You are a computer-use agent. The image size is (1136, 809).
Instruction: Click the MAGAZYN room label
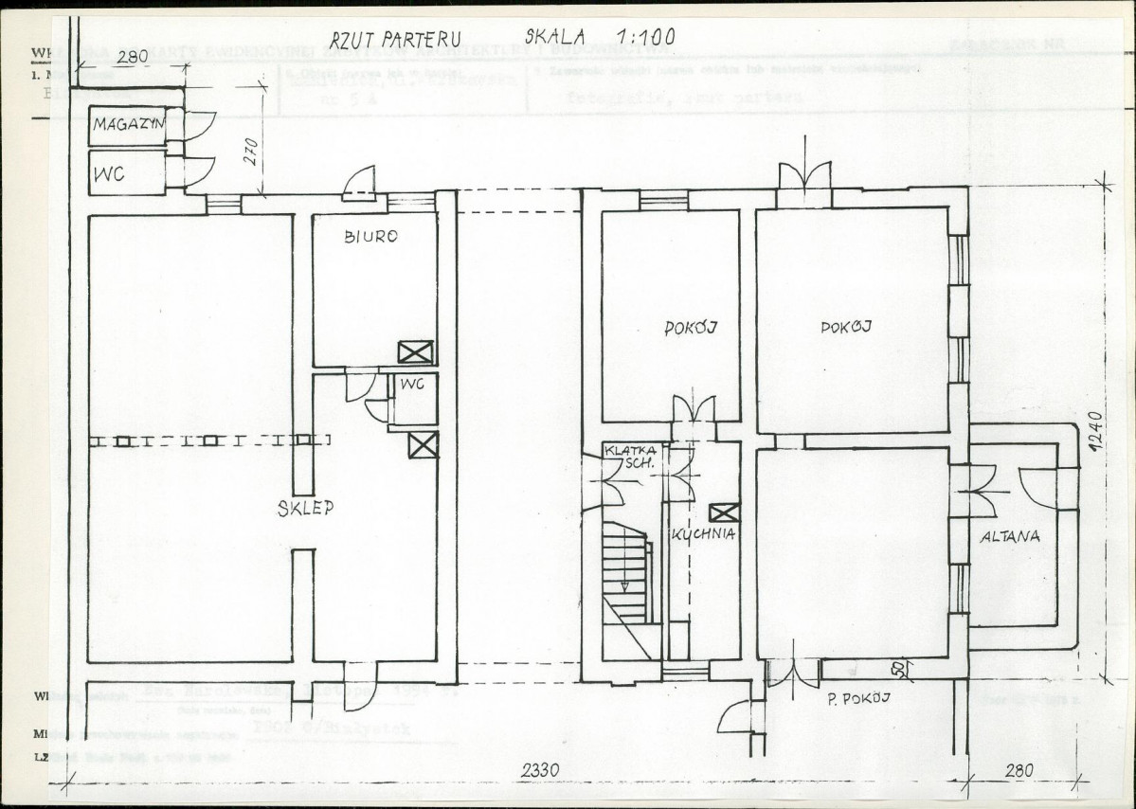(x=129, y=125)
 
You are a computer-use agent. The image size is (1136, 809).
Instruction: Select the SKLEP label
(x=305, y=509)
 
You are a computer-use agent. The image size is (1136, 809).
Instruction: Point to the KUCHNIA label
(x=703, y=534)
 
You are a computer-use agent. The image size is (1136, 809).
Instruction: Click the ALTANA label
(x=1010, y=536)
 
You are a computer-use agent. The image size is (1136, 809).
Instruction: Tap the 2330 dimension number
(x=538, y=771)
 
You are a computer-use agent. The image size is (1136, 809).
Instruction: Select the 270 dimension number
(x=251, y=153)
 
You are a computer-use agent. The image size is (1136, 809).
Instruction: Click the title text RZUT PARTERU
(x=396, y=39)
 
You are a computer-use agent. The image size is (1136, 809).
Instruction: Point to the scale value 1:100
(x=644, y=37)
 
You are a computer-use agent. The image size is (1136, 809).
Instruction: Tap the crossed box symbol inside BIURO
(x=415, y=351)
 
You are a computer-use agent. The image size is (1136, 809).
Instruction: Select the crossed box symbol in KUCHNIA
(x=723, y=512)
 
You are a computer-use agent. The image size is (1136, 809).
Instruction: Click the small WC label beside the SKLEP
(x=411, y=384)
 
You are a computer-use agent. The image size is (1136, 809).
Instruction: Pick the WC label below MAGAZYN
(x=110, y=175)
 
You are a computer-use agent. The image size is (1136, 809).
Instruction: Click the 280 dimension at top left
(x=132, y=57)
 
